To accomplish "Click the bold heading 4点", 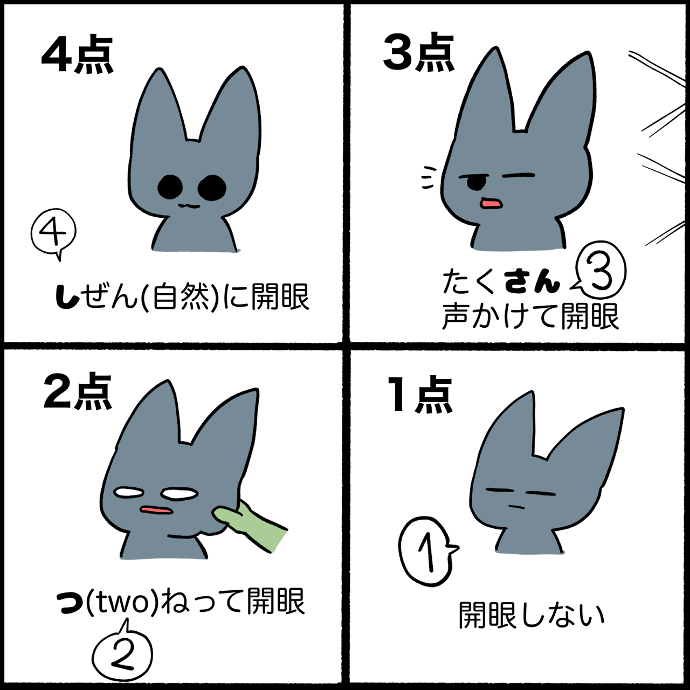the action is coord(77,55).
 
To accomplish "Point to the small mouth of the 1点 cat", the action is coord(516,507).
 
